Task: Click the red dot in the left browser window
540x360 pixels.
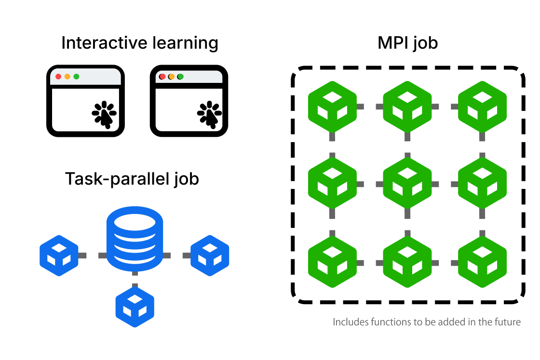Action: [x=58, y=77]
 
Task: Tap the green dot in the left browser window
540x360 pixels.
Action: [x=76, y=77]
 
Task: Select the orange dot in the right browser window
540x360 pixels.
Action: [x=171, y=77]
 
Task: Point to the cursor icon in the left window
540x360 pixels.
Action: [x=104, y=115]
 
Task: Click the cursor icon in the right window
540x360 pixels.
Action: [x=209, y=115]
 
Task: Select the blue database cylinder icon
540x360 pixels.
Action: [x=135, y=239]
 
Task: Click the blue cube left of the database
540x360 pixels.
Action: [x=59, y=255]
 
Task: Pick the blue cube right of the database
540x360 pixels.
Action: [x=210, y=255]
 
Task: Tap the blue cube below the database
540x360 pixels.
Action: [x=135, y=307]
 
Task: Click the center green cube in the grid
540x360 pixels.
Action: [x=407, y=184]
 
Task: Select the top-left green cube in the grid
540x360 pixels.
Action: [x=332, y=107]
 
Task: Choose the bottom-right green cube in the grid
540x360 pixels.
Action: [x=482, y=262]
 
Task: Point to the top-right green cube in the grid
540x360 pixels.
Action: [x=482, y=107]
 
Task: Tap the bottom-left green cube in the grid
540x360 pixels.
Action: [x=332, y=262]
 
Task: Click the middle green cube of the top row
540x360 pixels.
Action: [x=407, y=107]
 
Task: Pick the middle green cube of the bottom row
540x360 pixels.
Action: [x=407, y=262]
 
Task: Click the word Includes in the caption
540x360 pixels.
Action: [x=351, y=322]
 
